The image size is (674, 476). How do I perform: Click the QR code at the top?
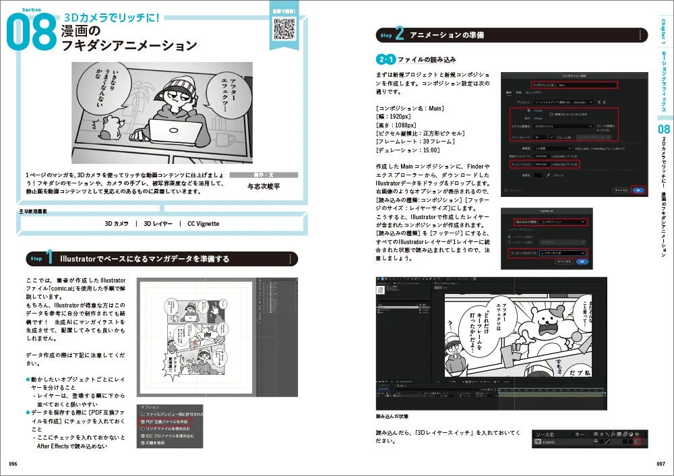click(x=284, y=28)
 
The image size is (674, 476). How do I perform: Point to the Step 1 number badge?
click(x=42, y=259)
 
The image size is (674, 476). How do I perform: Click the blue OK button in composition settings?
click(x=638, y=190)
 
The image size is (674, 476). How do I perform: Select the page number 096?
click(x=13, y=464)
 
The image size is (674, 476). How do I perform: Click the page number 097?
click(x=661, y=464)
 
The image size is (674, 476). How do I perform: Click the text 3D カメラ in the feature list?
click(x=116, y=223)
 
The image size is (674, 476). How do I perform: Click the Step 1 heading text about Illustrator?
click(x=145, y=259)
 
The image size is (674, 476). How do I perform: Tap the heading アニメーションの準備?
click(x=447, y=35)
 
